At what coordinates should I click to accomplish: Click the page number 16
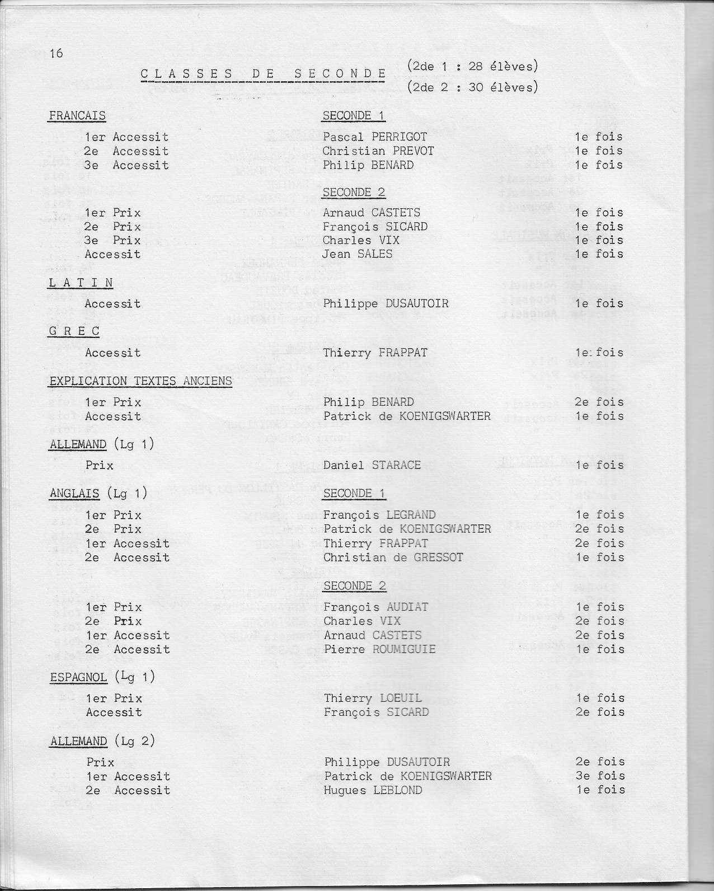click(56, 54)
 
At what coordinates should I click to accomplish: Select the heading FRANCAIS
click(77, 116)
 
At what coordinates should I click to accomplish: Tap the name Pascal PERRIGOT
click(374, 137)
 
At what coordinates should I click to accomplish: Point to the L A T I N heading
click(81, 283)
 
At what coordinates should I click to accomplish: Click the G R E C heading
click(74, 331)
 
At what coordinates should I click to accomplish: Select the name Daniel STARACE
click(372, 466)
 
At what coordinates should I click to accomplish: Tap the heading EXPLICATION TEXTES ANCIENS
click(140, 381)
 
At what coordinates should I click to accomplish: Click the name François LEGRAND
click(379, 515)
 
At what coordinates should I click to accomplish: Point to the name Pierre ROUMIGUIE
click(379, 650)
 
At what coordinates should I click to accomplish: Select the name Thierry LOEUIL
click(373, 698)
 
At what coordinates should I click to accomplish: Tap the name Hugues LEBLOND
click(373, 791)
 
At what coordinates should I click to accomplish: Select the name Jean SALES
click(357, 255)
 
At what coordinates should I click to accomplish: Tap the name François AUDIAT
click(375, 607)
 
